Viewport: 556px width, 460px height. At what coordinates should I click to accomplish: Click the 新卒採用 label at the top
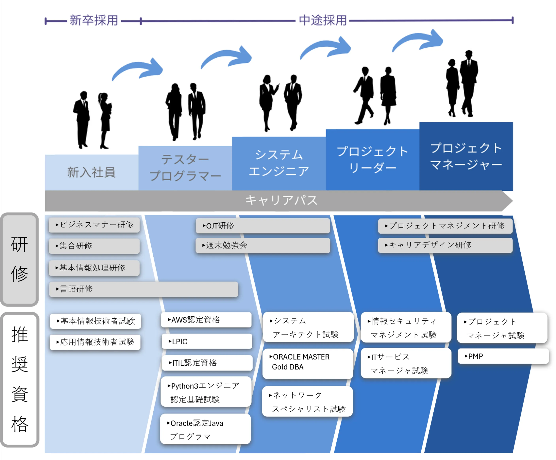pyautogui.click(x=94, y=20)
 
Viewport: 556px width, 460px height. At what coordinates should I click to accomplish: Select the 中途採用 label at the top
pyautogui.click(x=323, y=20)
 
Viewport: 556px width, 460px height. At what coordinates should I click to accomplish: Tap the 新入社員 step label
pyautogui.click(x=91, y=172)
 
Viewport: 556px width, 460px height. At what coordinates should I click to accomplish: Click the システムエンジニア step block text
pyautogui.click(x=279, y=163)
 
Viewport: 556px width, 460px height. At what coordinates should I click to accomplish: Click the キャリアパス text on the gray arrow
pyautogui.click(x=281, y=200)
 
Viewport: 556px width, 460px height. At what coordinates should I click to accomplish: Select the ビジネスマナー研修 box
pyautogui.click(x=94, y=225)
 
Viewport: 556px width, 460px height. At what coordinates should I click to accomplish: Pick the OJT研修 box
pyautogui.click(x=263, y=226)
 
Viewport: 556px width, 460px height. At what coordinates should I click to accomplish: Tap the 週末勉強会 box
pyautogui.click(x=263, y=245)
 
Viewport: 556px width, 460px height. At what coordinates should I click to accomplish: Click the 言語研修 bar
pyautogui.click(x=143, y=289)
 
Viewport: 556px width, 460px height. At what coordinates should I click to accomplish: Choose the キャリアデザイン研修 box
pyautogui.click(x=445, y=245)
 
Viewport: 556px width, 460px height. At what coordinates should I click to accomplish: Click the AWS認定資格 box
pyautogui.click(x=206, y=320)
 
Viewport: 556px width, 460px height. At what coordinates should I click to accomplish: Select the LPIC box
pyautogui.click(x=207, y=341)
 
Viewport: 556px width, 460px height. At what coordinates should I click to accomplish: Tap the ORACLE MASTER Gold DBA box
pyautogui.click(x=308, y=362)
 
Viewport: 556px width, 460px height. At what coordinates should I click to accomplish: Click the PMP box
pyautogui.click(x=503, y=356)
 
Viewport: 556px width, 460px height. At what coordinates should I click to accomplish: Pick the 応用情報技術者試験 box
pyautogui.click(x=95, y=342)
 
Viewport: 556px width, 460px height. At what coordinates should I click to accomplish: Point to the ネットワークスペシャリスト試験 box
pyautogui.click(x=307, y=402)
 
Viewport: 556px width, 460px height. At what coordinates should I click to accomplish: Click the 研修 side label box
pyautogui.click(x=20, y=259)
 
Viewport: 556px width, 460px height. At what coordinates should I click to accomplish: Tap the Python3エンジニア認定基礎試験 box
pyautogui.click(x=206, y=392)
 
